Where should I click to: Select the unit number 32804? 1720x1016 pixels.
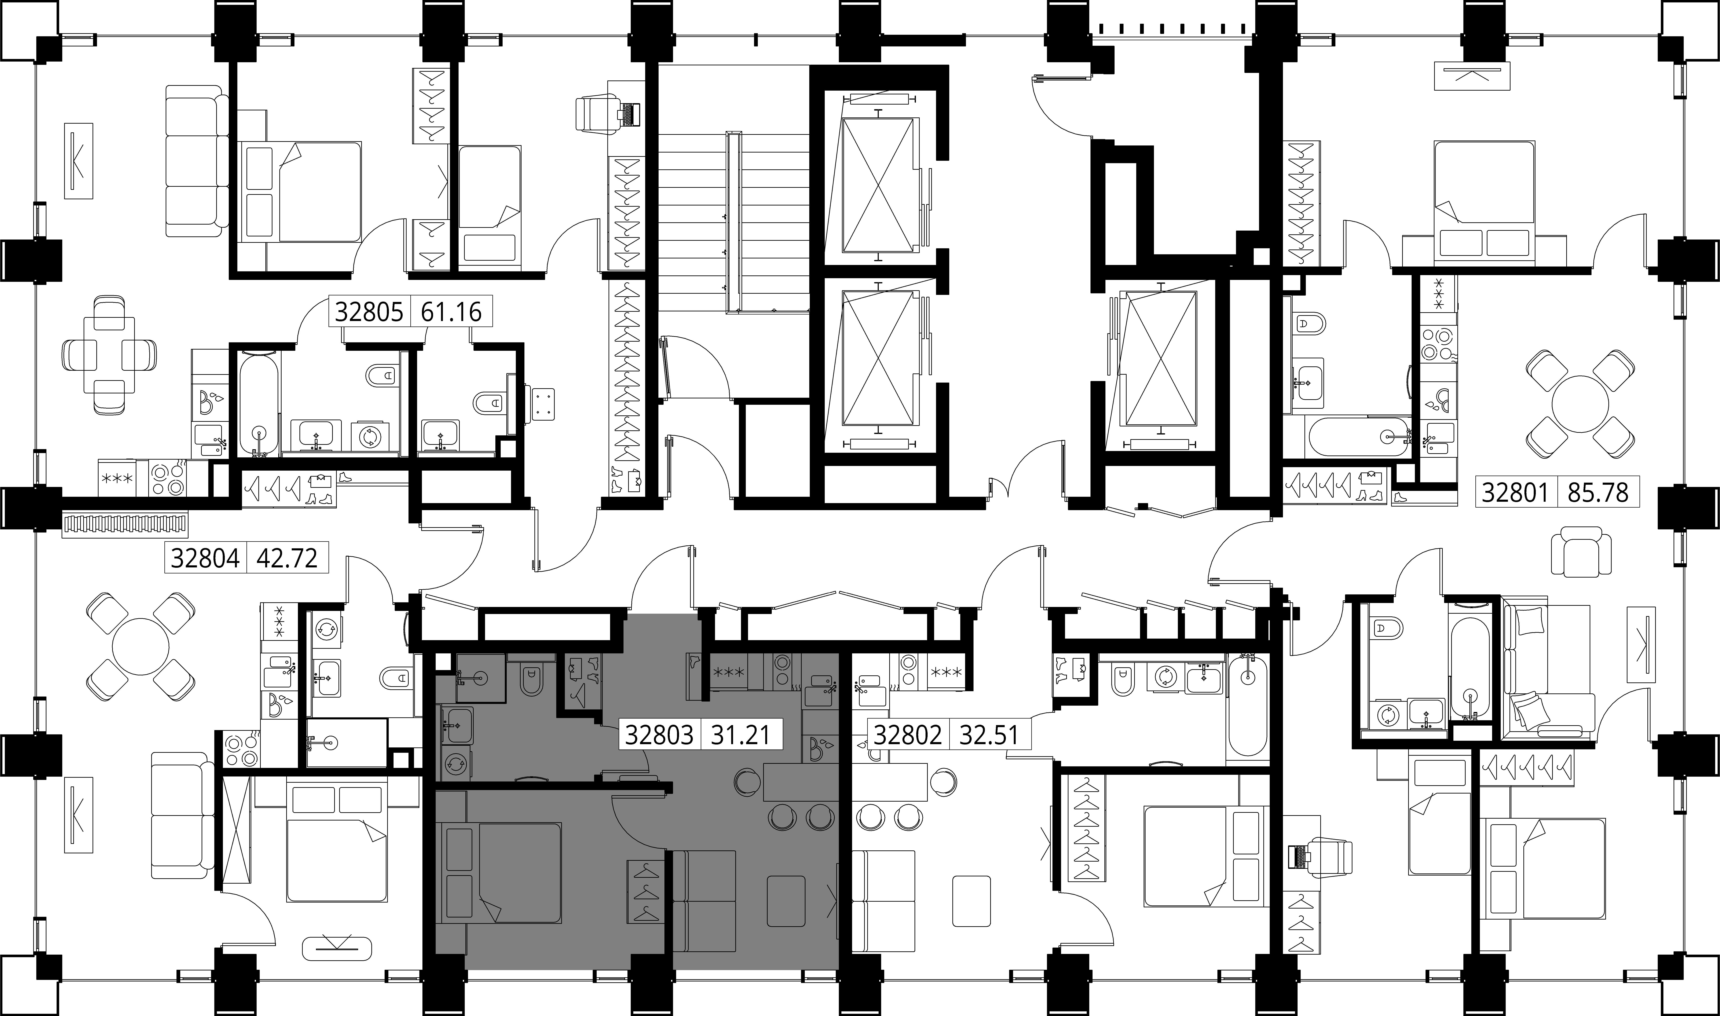[x=205, y=558]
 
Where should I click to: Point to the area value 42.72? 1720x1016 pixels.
[x=287, y=558]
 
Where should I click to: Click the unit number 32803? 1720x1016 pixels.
[x=659, y=735]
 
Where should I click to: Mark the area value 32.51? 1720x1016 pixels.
[x=989, y=735]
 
